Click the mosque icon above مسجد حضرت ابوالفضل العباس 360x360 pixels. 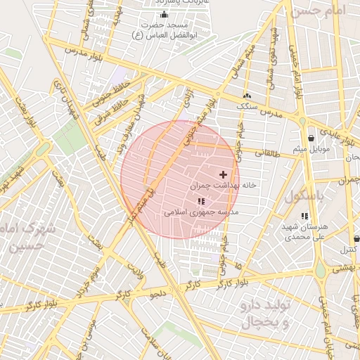pyautogui.click(x=165, y=15)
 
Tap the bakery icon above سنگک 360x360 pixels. pyautogui.click(x=247, y=96)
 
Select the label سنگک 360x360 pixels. pyautogui.click(x=247, y=106)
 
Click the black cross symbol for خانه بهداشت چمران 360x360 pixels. pyautogui.click(x=224, y=174)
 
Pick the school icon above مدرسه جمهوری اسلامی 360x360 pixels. pyautogui.click(x=202, y=202)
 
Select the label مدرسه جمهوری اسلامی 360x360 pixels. pyautogui.click(x=202, y=212)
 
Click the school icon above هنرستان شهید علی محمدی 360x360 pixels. pyautogui.click(x=304, y=217)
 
